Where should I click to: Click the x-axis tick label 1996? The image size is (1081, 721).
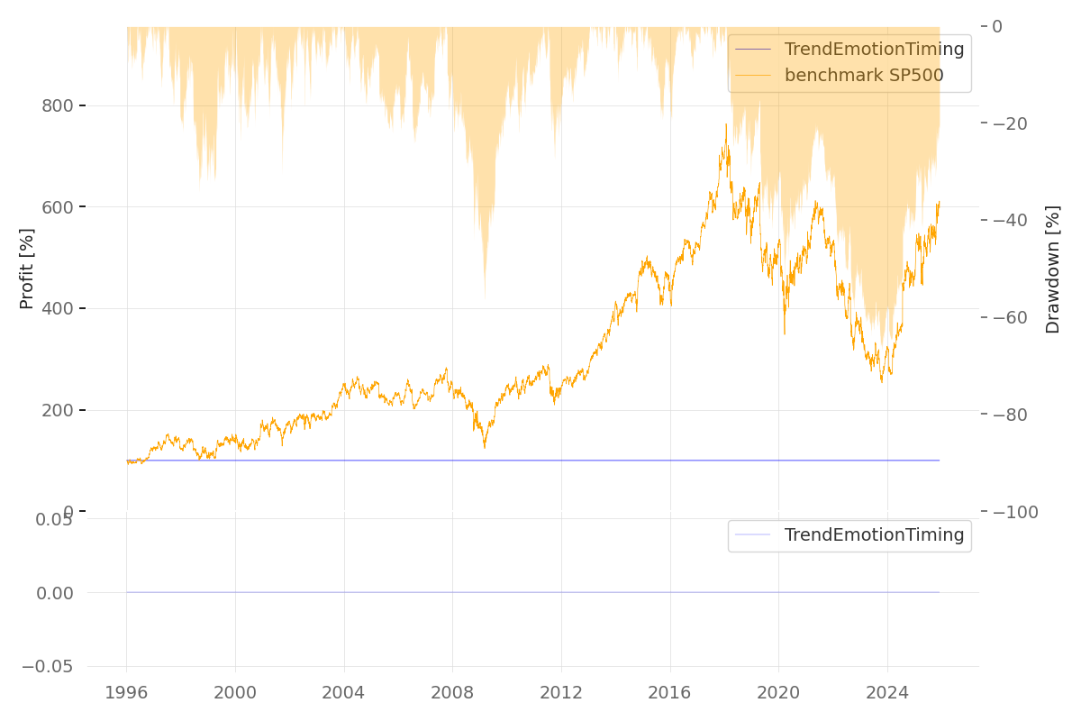point(126,693)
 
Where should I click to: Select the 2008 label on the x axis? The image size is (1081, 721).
point(452,693)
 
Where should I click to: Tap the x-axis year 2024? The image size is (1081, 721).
point(886,693)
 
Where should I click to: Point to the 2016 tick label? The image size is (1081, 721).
point(669,693)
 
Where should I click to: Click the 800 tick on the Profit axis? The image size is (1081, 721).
point(57,105)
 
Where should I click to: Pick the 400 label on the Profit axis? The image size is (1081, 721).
point(57,309)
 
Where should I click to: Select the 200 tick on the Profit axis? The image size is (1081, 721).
point(57,411)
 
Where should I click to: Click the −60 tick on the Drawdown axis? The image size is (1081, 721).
point(1013,317)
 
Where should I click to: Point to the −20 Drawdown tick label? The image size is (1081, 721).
point(1013,123)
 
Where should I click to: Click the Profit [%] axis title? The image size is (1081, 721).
point(27,269)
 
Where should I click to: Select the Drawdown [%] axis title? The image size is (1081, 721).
point(1053,269)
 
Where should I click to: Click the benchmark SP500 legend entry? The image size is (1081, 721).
point(863,76)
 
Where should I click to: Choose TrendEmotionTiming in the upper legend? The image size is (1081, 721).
point(874,50)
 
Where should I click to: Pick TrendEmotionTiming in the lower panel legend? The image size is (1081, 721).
point(874,535)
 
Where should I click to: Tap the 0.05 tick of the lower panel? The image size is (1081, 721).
point(54,519)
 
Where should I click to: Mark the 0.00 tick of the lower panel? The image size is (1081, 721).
point(54,593)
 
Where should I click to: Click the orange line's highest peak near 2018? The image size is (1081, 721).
point(725,124)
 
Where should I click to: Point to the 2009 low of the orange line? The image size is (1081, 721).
point(484,448)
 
